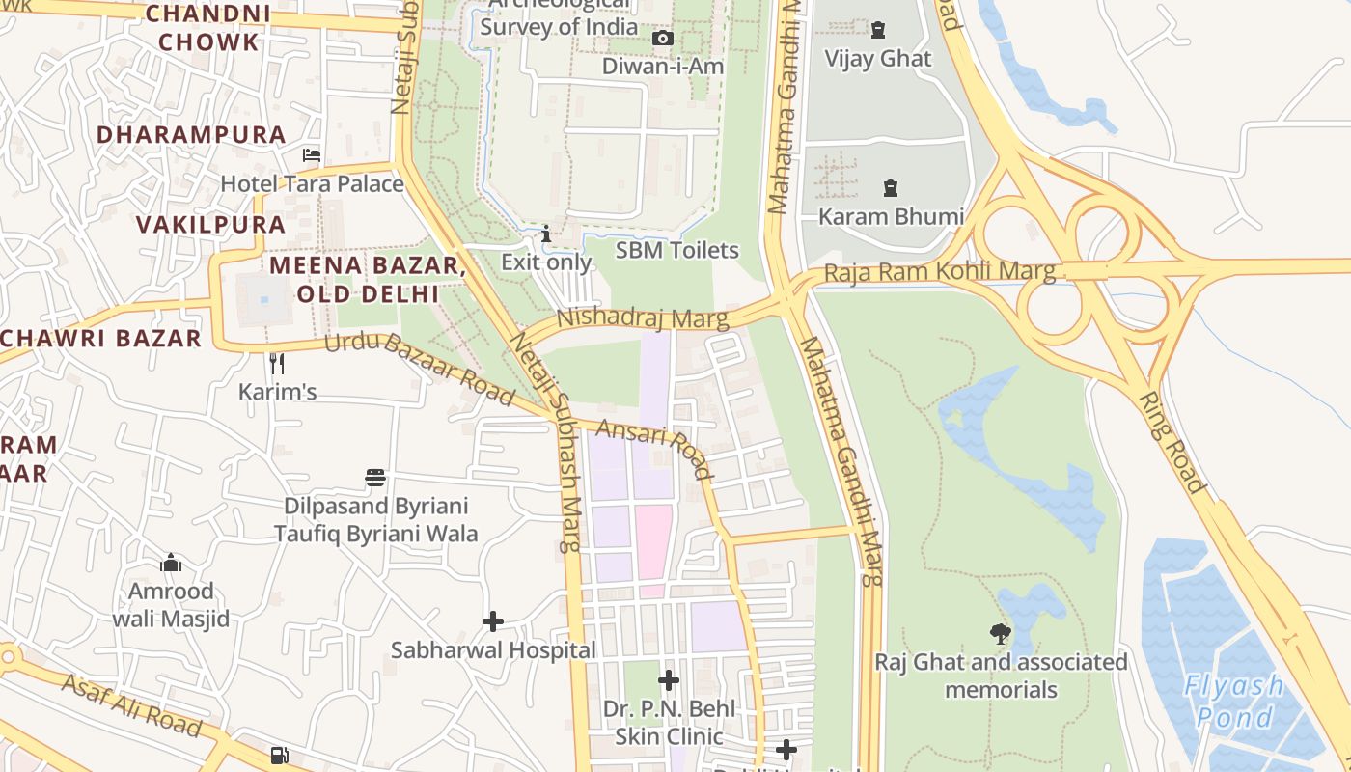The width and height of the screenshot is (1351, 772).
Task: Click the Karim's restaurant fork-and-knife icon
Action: (277, 364)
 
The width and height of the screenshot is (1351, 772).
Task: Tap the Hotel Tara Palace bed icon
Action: (312, 154)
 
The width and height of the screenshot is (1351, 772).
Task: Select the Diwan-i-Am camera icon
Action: (663, 39)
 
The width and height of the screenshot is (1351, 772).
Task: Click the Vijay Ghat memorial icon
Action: (878, 30)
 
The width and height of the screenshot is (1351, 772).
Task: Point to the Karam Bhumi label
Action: (890, 216)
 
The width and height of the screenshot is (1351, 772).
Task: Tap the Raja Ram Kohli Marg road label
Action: (939, 272)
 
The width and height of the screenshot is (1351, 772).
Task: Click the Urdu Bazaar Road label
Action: (420, 368)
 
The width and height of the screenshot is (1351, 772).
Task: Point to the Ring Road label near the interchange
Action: (1172, 443)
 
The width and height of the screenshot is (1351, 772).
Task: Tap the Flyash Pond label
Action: (1233, 702)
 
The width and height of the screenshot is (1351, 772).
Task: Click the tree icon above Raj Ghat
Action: (1001, 634)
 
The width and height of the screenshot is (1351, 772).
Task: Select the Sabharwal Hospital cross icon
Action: (493, 621)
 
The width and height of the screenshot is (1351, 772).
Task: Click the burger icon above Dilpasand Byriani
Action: (375, 478)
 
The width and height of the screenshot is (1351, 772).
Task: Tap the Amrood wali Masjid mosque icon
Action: (171, 562)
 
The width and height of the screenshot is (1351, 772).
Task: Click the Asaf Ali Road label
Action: (132, 705)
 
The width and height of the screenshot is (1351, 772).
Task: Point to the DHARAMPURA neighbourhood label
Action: (192, 134)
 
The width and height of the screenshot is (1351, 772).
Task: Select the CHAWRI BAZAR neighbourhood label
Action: (101, 338)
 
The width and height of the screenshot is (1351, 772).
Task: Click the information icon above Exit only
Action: (546, 234)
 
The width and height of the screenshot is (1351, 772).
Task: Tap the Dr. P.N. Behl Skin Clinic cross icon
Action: (669, 680)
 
